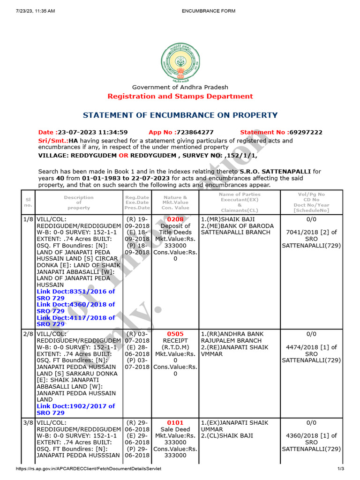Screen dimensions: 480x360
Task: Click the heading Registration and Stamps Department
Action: (x=180, y=96)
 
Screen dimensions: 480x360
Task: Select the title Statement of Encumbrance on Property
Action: (x=180, y=115)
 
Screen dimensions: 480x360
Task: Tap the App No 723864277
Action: (x=181, y=132)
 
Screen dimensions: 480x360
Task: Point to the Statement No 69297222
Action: (x=281, y=132)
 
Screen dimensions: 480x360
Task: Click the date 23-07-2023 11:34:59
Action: (x=83, y=132)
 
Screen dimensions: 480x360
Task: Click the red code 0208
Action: (x=175, y=219)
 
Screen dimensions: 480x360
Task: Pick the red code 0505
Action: (x=175, y=334)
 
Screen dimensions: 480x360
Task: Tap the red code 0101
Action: (x=175, y=423)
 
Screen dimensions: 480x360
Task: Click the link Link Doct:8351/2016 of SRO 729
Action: (x=75, y=294)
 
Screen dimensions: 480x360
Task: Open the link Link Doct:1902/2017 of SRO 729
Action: (x=75, y=409)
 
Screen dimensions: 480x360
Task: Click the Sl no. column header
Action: (x=28, y=202)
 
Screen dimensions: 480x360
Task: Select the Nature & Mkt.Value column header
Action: (x=175, y=202)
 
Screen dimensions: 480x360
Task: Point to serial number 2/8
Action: (x=28, y=334)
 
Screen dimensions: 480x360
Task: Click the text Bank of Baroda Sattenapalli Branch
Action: (x=235, y=229)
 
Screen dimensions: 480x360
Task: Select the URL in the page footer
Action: (x=89, y=469)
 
